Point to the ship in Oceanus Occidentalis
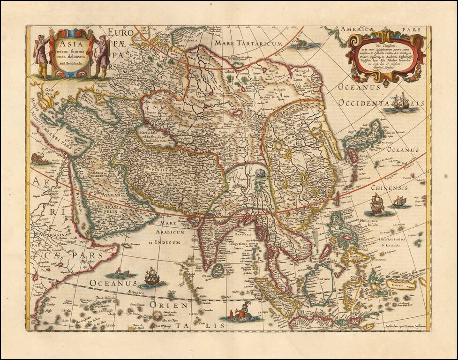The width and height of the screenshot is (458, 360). point(399,103)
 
